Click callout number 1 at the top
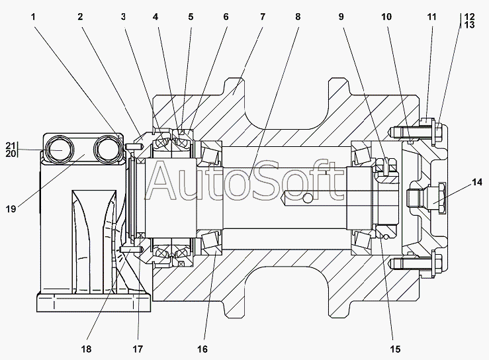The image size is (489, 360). (33, 17)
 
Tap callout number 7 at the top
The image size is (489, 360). (263, 17)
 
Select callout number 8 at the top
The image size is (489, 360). (298, 17)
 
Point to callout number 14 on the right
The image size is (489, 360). (477, 181)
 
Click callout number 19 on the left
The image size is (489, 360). (11, 208)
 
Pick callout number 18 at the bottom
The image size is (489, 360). (87, 349)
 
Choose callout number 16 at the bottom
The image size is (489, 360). (202, 349)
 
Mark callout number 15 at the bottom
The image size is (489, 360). (395, 349)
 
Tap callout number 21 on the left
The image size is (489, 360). (11, 146)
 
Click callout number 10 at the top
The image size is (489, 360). (386, 17)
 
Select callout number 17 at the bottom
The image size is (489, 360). (138, 349)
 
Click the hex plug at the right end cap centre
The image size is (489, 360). (439, 199)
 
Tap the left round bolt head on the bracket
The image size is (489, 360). (58, 150)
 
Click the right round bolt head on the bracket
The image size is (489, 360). (107, 150)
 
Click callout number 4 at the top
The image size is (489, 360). (156, 17)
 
